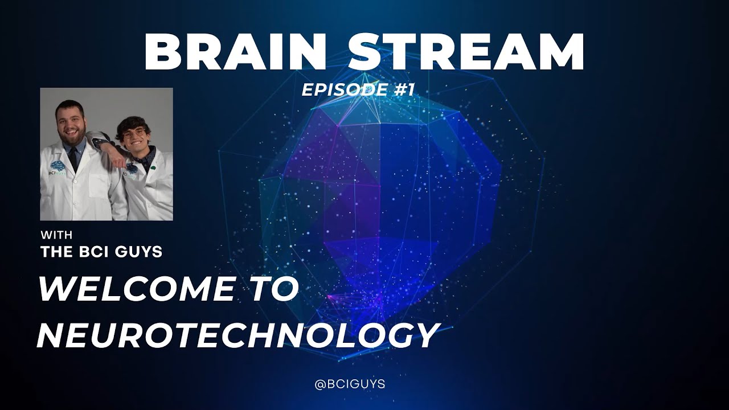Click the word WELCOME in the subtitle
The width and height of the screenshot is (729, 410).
click(136, 290)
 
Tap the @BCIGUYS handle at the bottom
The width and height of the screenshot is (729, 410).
click(350, 384)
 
